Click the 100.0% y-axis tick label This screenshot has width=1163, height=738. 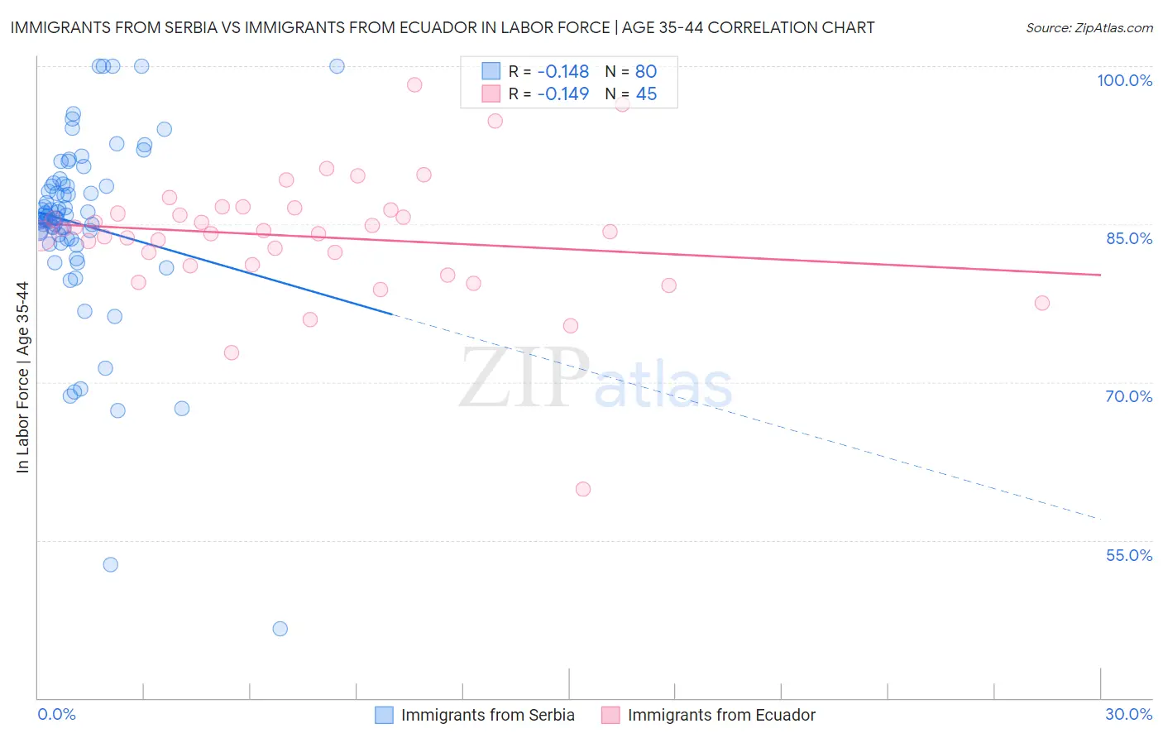(1124, 80)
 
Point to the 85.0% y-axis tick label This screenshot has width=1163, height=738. (1129, 238)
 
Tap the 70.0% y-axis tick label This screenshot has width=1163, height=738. (1129, 396)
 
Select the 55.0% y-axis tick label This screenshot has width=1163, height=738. (1129, 555)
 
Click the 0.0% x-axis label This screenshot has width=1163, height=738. (56, 714)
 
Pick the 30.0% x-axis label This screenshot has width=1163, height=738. (1128, 714)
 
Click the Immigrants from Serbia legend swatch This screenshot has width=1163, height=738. (384, 715)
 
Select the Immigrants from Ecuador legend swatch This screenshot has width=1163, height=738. (610, 715)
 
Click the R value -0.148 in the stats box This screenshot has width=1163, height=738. (562, 71)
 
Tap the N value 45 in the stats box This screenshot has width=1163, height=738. (646, 94)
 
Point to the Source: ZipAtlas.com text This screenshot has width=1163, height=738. (1089, 28)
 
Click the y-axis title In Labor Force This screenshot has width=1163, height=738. (22, 377)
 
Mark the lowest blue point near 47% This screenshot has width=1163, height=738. (280, 629)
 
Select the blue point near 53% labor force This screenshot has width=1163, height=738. (110, 564)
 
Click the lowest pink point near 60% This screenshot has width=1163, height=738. (583, 489)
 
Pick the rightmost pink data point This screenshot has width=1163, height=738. (1042, 303)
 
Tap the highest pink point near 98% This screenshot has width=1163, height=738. (414, 84)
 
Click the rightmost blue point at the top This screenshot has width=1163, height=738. (337, 66)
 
